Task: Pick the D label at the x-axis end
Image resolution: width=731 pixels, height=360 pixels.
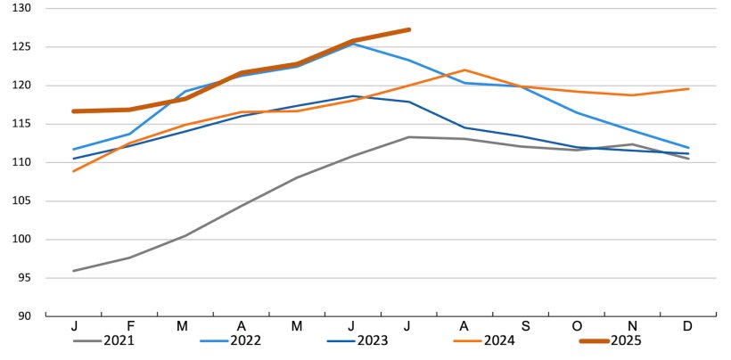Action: click(x=688, y=325)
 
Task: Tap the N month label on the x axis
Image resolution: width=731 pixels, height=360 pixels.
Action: click(x=632, y=325)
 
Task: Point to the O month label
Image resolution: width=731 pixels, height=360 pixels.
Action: click(x=576, y=325)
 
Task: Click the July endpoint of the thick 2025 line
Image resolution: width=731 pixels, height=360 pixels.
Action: click(x=408, y=29)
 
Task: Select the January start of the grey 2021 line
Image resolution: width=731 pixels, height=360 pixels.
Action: click(x=73, y=271)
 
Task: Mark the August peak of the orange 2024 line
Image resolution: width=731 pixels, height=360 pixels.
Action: click(x=464, y=70)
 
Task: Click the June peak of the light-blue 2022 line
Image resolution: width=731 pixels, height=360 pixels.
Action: click(x=353, y=44)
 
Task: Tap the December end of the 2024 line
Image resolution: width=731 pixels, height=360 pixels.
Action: click(x=688, y=88)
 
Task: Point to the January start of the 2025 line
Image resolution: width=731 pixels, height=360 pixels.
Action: click(x=73, y=111)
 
